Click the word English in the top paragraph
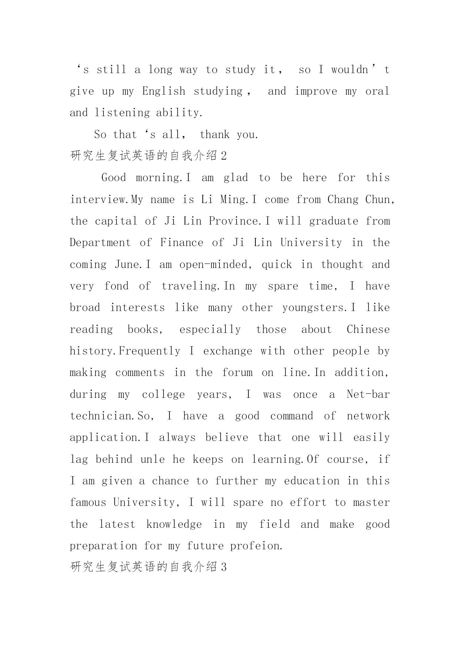[x=163, y=91]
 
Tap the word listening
[x=122, y=113]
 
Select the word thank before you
[x=215, y=134]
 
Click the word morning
[x=159, y=178]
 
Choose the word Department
[x=100, y=243]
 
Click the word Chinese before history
[x=368, y=330]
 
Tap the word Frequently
[x=149, y=351]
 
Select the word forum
[x=237, y=373]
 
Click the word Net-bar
[x=368, y=394]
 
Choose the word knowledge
[x=174, y=524]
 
